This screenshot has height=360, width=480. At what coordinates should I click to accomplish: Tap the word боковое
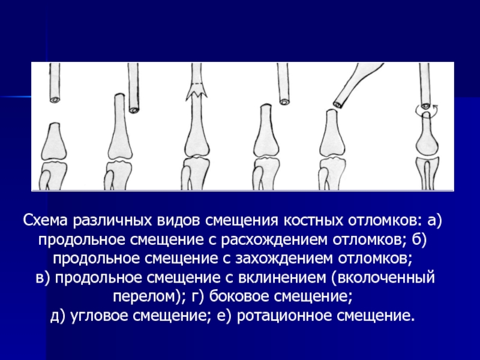click(x=238, y=296)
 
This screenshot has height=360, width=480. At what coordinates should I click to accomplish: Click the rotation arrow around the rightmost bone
click(x=427, y=109)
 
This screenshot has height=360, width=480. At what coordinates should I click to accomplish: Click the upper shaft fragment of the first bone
click(x=55, y=83)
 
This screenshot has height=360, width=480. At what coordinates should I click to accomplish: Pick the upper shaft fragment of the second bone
click(x=133, y=88)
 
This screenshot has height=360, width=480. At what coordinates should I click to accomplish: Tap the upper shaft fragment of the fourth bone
click(x=283, y=84)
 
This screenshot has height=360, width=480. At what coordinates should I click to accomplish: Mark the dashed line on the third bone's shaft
click(x=197, y=83)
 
